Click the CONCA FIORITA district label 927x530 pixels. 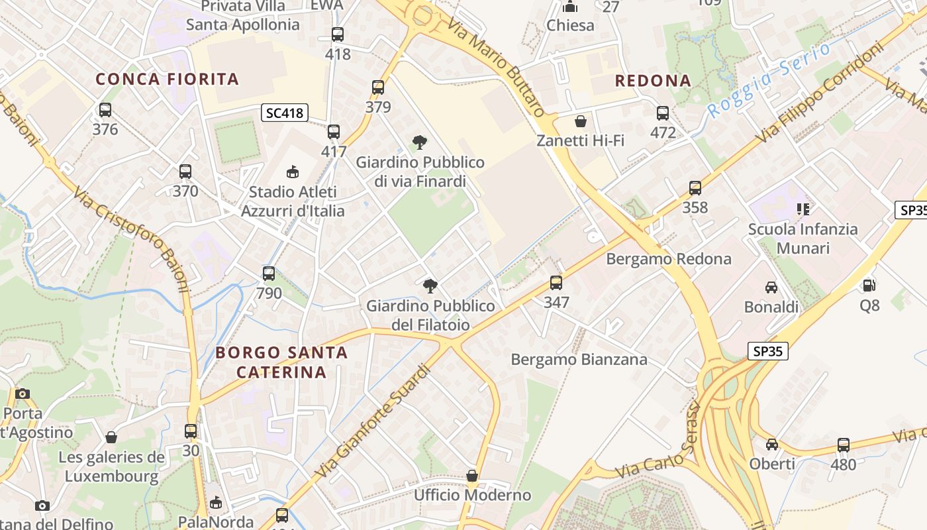167,79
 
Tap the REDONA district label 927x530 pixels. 653,81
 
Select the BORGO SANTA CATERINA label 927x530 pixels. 281,362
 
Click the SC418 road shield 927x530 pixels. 285,113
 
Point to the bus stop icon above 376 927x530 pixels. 105,110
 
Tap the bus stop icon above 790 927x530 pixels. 269,273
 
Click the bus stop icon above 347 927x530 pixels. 556,283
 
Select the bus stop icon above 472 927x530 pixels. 663,113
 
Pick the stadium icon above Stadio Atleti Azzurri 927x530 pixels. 292,172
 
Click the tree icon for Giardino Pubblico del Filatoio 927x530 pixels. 430,286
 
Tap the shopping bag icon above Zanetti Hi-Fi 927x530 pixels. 581,121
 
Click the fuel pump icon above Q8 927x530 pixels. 869,286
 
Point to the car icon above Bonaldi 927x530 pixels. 771,287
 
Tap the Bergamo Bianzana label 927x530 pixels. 579,360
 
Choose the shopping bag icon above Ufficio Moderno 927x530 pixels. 472,476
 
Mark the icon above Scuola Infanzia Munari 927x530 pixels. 803,210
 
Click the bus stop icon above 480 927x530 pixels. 843,445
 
